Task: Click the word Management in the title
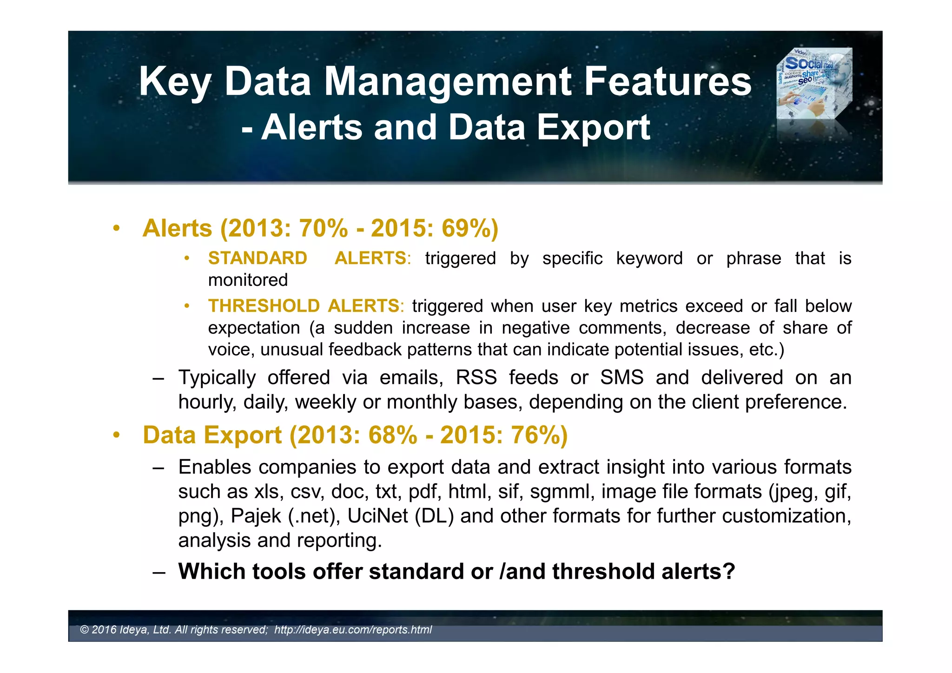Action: (447, 82)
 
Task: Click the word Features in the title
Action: (668, 82)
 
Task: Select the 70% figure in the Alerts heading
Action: (323, 228)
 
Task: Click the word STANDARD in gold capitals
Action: (258, 258)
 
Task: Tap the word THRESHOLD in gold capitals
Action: (264, 306)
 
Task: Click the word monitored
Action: (248, 280)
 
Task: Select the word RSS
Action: (476, 377)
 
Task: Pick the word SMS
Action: (621, 377)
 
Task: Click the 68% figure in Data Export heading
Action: (393, 435)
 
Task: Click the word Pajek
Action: (256, 516)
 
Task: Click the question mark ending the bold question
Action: (729, 571)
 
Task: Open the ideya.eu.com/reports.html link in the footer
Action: (353, 630)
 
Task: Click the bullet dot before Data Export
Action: (116, 435)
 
